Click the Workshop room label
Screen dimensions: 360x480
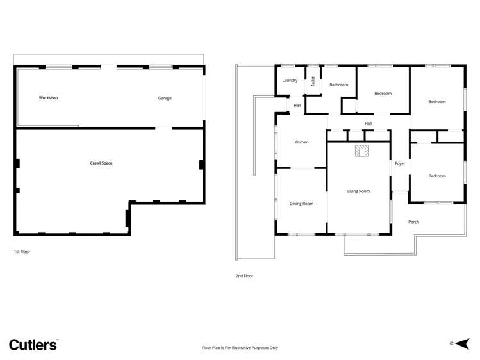48,98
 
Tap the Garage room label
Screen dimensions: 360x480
165,98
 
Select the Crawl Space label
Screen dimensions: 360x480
101,163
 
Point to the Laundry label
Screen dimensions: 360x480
290,81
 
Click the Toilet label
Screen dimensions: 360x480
313,81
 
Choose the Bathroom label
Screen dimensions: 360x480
338,85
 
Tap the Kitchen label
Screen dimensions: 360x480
301,142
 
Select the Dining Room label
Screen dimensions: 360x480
301,204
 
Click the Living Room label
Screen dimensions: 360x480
358,191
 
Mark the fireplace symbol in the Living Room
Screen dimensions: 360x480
362,151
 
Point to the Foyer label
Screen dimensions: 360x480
400,164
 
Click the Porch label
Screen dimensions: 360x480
413,222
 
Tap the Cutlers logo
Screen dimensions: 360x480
33,345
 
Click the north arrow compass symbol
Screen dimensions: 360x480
462,343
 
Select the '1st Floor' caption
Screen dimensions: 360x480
22,252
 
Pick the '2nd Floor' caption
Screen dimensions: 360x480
244,276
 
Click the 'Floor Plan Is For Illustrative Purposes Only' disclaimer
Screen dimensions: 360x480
240,348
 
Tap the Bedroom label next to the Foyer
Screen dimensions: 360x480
437,176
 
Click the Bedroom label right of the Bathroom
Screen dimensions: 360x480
383,94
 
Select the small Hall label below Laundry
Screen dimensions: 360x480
297,105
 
